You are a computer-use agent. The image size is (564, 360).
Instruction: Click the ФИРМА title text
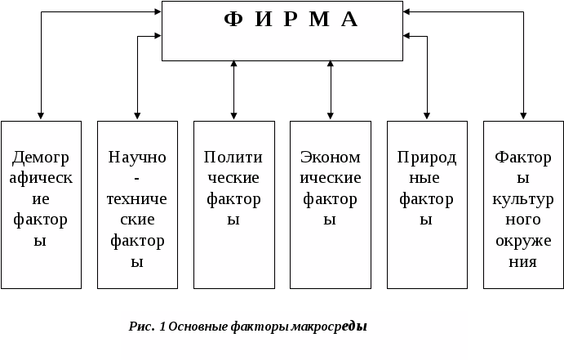click(291, 20)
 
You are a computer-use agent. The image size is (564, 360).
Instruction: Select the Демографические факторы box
click(41, 204)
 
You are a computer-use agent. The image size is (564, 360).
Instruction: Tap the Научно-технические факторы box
click(137, 204)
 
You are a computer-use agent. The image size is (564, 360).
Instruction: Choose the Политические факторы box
click(233, 204)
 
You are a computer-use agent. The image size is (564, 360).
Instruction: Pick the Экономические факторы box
click(331, 204)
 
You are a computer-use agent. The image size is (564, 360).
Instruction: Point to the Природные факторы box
click(427, 204)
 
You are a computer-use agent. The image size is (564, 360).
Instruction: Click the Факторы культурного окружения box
click(523, 204)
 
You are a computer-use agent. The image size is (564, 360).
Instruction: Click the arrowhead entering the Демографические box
click(41, 117)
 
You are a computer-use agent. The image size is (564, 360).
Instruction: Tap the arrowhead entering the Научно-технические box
click(137, 117)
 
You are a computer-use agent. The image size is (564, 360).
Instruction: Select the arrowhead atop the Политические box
click(234, 117)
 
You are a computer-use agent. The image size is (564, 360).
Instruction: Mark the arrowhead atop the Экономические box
click(331, 117)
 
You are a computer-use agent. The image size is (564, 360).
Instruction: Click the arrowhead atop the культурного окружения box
click(524, 117)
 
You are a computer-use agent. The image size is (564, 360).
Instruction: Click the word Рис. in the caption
click(142, 327)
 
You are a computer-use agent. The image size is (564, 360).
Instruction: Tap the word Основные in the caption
click(193, 327)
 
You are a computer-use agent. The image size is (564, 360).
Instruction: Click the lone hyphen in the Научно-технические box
click(137, 177)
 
